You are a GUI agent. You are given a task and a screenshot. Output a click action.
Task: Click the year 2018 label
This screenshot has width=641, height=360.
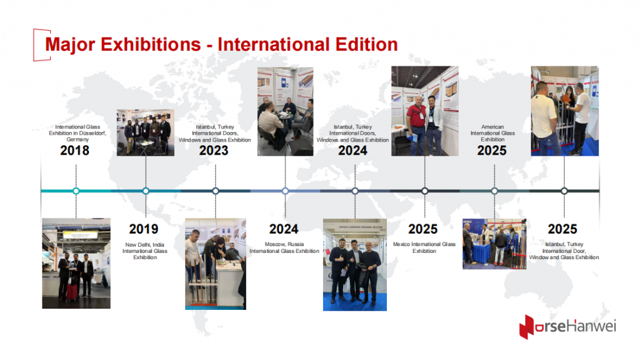(x=74, y=150)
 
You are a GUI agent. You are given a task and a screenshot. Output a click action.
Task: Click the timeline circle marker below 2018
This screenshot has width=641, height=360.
(x=76, y=191)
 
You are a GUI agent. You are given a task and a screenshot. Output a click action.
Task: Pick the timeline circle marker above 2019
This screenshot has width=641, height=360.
(x=146, y=191)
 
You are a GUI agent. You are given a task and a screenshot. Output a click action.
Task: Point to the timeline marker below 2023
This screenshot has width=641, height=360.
(x=215, y=191)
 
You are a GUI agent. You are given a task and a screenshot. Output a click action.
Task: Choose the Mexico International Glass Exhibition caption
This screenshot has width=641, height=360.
(x=424, y=247)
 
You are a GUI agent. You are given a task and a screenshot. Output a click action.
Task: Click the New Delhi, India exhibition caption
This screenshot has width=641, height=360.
(x=145, y=250)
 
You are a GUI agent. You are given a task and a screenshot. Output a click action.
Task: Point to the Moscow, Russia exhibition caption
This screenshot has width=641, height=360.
(x=284, y=247)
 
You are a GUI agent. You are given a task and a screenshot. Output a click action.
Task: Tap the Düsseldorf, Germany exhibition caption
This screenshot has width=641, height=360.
(x=75, y=133)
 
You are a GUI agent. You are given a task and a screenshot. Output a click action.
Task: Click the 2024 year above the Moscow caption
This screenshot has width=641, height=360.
(x=284, y=229)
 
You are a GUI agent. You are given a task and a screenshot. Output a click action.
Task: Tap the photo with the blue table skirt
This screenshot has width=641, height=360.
(x=494, y=244)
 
